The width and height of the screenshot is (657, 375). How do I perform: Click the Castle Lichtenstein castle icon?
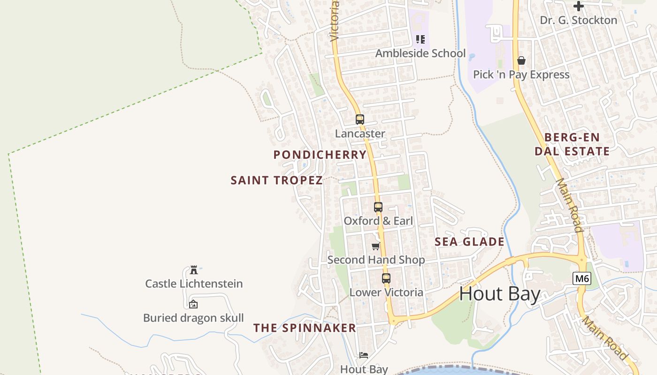(x=193, y=270)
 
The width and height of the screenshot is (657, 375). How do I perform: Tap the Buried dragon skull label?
(x=193, y=318)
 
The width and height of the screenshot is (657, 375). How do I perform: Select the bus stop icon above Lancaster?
(x=360, y=120)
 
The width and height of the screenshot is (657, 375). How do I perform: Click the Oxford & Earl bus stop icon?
(x=378, y=207)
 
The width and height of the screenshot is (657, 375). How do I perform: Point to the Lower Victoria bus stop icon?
(x=386, y=278)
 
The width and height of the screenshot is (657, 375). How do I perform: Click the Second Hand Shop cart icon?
(x=375, y=246)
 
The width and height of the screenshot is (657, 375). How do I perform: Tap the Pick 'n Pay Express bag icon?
(x=521, y=60)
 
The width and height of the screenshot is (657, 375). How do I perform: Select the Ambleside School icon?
(x=420, y=39)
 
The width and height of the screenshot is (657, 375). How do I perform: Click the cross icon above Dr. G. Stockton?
(x=579, y=6)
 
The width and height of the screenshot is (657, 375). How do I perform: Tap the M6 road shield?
(x=582, y=279)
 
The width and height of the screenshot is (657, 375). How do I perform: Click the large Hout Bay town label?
(x=500, y=294)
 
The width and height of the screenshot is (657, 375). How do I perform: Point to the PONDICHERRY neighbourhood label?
(x=320, y=155)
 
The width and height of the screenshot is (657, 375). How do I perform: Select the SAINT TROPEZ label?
(x=276, y=180)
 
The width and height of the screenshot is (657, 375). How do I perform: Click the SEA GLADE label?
(x=469, y=242)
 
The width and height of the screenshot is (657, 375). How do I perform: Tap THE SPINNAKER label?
(x=305, y=328)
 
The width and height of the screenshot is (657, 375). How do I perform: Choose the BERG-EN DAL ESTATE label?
(x=572, y=144)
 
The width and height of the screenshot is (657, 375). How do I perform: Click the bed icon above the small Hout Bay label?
(x=364, y=355)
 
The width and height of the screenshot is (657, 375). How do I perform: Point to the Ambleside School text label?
(x=420, y=53)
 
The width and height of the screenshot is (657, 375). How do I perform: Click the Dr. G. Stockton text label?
(x=579, y=20)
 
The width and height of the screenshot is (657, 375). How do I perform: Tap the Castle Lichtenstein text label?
(x=194, y=284)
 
